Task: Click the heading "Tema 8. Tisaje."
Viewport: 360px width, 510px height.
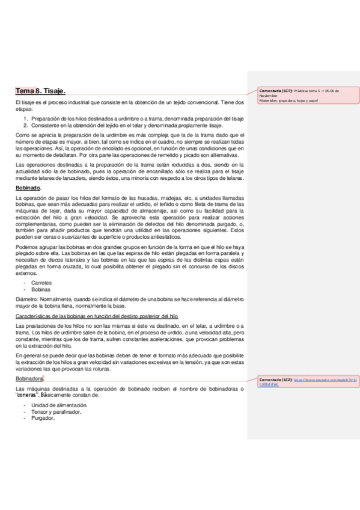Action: pos(41,91)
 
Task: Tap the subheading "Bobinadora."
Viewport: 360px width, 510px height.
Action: pos(33,379)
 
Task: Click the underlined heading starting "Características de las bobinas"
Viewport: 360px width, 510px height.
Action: pos(96,316)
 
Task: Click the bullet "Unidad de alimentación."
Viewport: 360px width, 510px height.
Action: pos(59,406)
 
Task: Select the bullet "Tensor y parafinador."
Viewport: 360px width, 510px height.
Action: pos(56,412)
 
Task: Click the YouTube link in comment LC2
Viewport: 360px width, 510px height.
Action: pos(307,382)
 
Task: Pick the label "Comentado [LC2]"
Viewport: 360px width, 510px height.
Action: pos(276,379)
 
